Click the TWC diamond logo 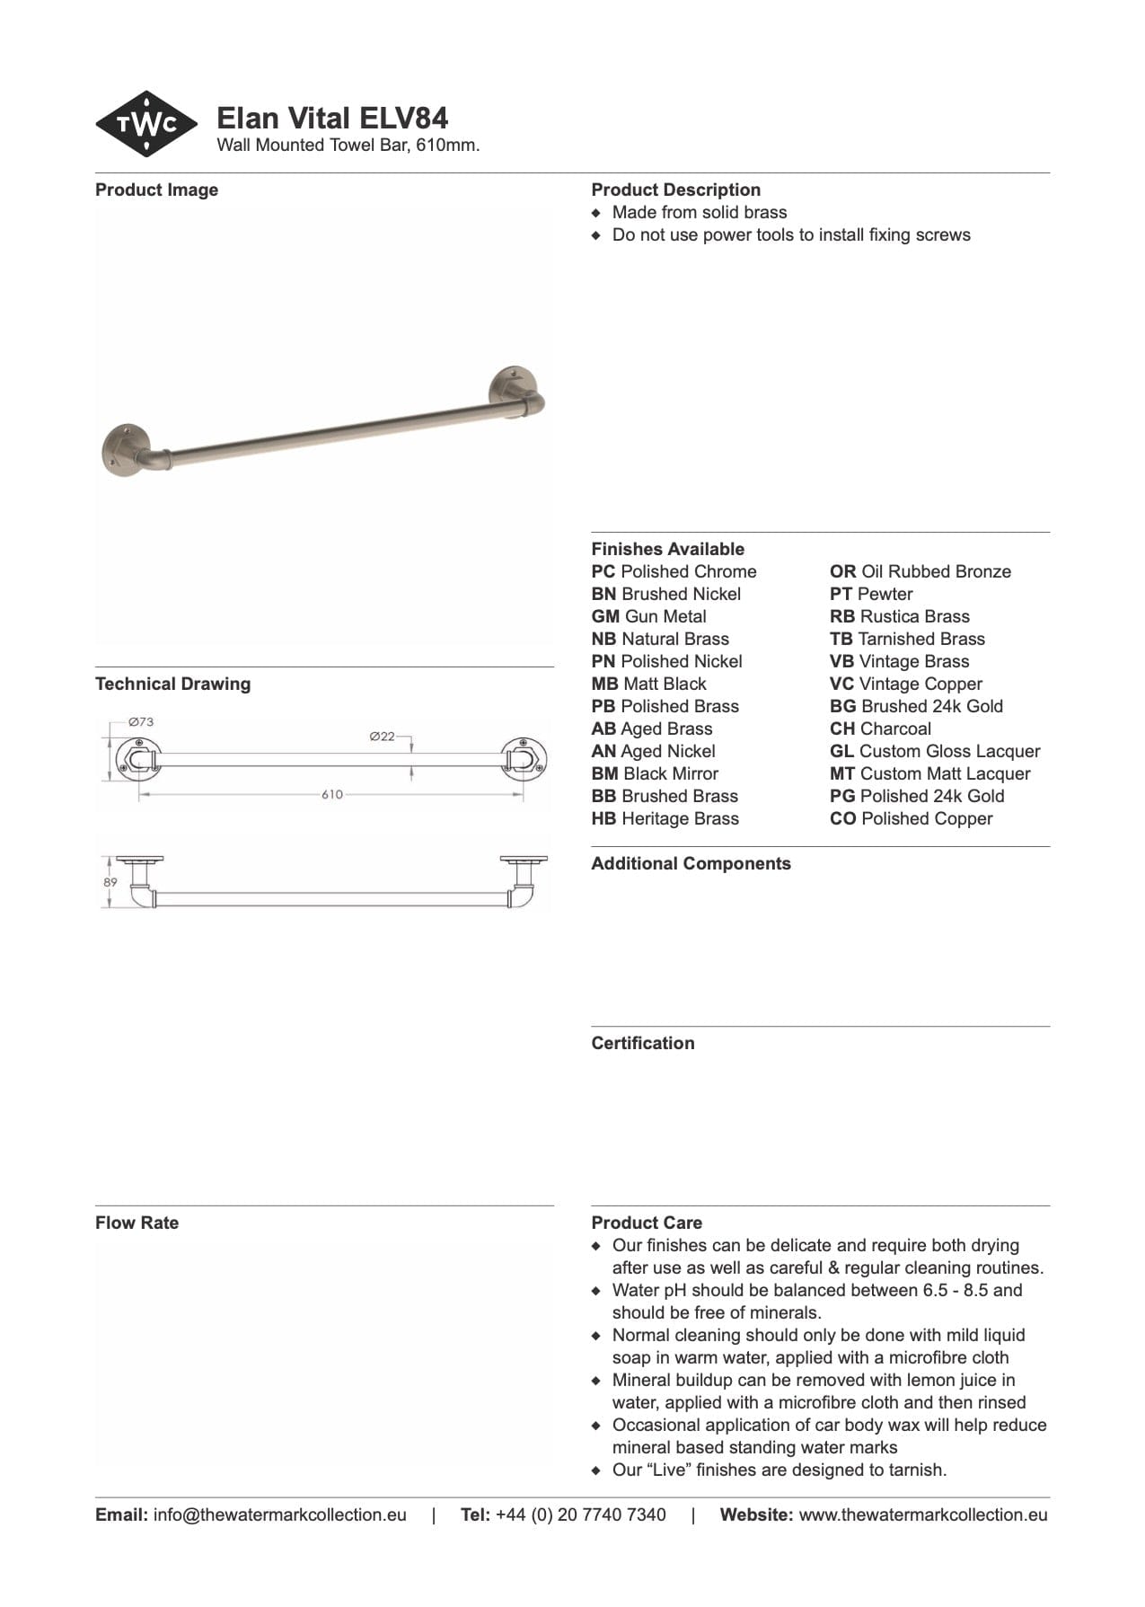[x=146, y=124]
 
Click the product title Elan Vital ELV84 [x=332, y=118]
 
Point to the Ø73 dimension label [x=141, y=721]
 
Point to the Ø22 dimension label [x=382, y=736]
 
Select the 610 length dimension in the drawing [x=331, y=794]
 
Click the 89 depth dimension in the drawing [x=110, y=882]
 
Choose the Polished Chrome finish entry [x=674, y=571]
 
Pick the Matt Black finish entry [x=648, y=684]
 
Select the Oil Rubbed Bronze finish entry [x=920, y=571]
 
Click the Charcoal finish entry [x=879, y=728]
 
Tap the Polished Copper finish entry [x=911, y=818]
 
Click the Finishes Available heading [x=667, y=549]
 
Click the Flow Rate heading [x=137, y=1223]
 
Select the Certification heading [x=642, y=1043]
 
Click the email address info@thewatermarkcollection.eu [x=279, y=1514]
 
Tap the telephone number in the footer [x=580, y=1514]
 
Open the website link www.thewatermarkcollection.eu [x=922, y=1514]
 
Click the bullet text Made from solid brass [x=699, y=212]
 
